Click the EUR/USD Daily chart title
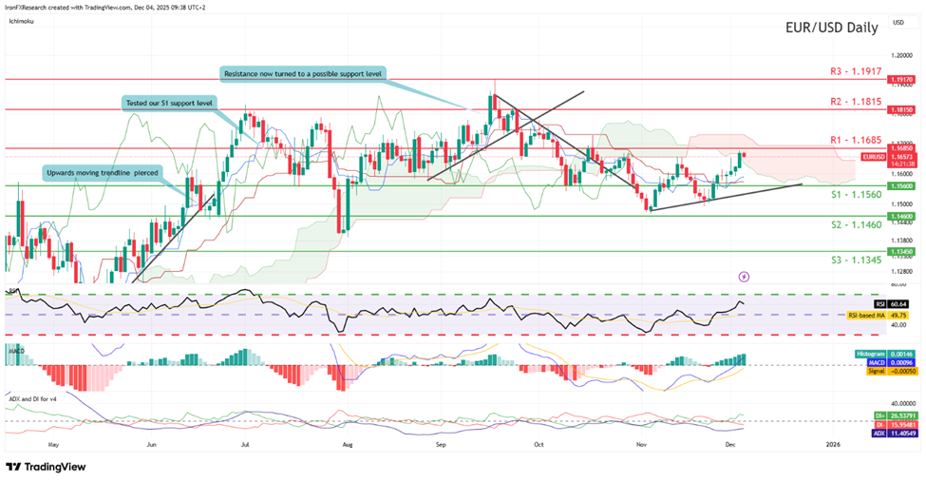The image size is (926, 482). click(x=831, y=28)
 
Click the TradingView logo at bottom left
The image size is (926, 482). click(x=46, y=467)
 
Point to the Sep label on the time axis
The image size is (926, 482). click(x=441, y=444)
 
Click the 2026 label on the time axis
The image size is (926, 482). click(x=833, y=444)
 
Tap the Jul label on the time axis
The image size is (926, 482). click(x=245, y=444)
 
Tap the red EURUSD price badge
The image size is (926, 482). click(x=874, y=156)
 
